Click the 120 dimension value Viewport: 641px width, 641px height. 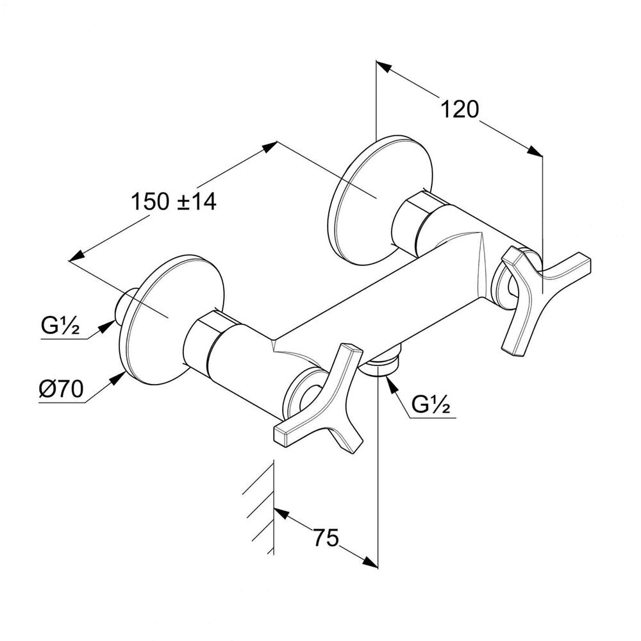[x=460, y=109]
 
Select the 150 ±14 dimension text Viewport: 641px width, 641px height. [x=173, y=201]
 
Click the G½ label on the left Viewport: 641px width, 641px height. [x=60, y=326]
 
